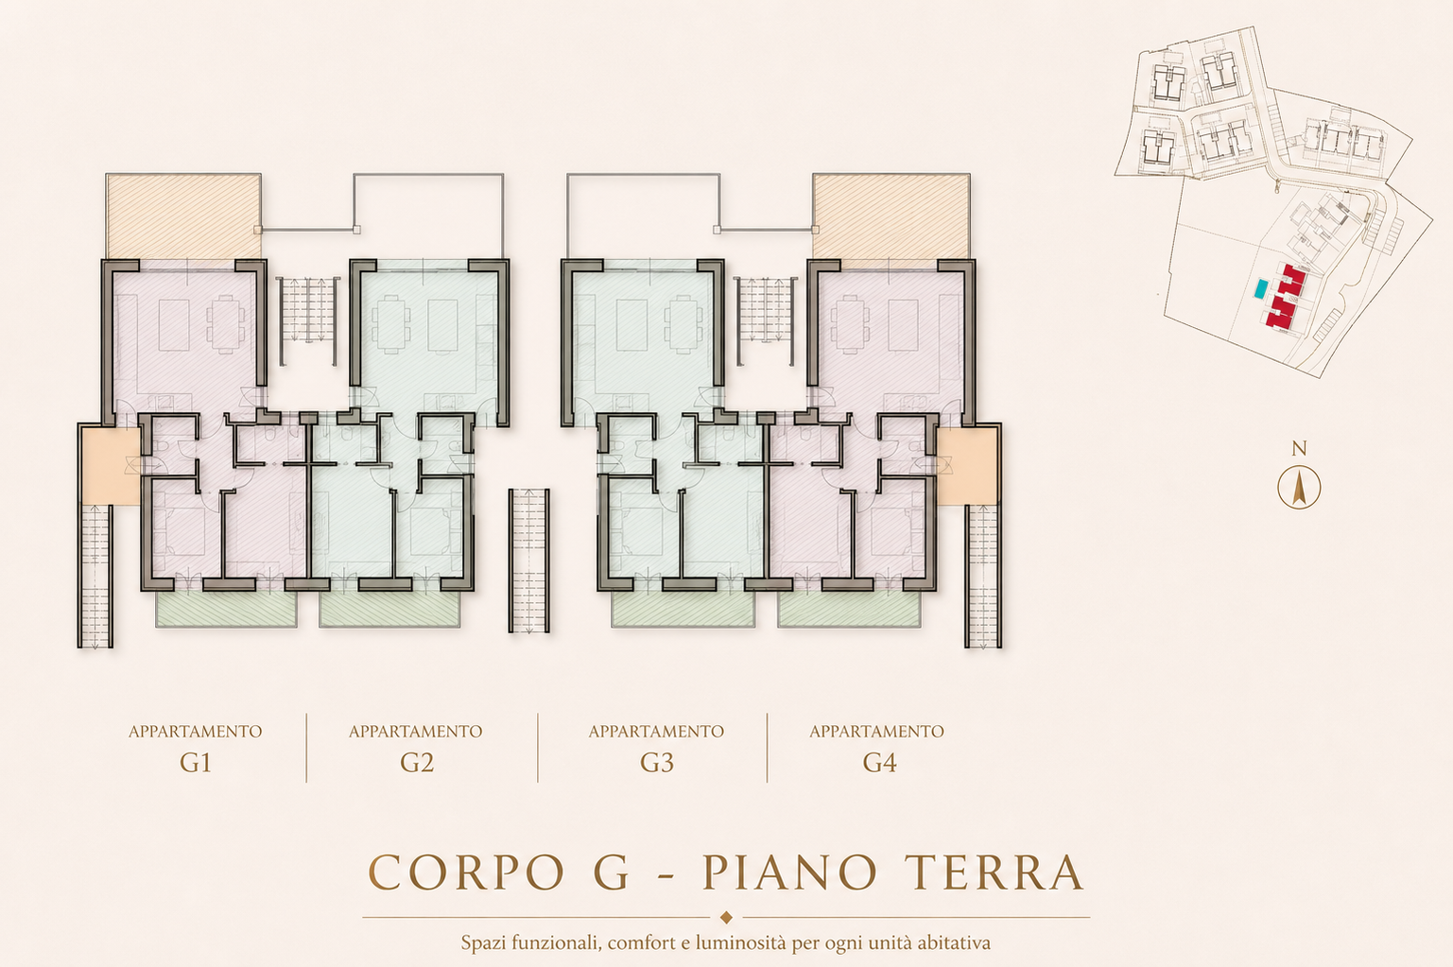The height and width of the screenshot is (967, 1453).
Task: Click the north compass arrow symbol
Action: (1299, 488)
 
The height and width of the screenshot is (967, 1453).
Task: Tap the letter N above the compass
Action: (1299, 449)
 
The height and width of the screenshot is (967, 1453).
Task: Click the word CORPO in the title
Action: (467, 872)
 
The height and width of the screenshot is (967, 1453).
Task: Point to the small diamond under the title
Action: (726, 917)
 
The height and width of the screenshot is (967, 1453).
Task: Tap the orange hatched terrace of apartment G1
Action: (183, 216)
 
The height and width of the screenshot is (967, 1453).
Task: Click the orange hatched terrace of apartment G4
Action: (891, 216)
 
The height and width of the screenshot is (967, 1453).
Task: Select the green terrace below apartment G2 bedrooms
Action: (389, 609)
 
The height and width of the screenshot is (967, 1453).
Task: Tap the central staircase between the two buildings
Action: (529, 561)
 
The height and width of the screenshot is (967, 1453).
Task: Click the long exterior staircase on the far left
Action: (95, 576)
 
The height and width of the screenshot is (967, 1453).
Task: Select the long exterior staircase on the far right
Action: (983, 576)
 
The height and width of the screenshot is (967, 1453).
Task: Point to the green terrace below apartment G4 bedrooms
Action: (849, 609)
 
